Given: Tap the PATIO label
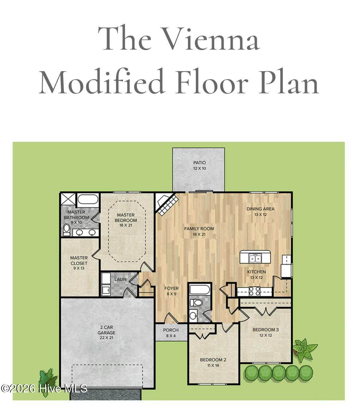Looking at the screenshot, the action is point(199,163).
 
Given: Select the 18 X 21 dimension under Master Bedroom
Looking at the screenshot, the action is point(126,225).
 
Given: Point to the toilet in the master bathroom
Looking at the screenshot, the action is point(66,230).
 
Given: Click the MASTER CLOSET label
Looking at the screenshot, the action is point(79,260).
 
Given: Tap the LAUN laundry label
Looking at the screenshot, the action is point(121,279).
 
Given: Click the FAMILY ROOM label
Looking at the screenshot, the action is point(199,229).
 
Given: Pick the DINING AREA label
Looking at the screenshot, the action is point(260,209).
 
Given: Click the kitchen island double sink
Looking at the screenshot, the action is point(255,258).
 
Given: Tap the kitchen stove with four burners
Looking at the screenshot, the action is point(255,291).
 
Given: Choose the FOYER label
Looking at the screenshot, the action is point(171,288).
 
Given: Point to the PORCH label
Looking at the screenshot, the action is point(171,330).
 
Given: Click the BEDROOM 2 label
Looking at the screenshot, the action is point(213,360).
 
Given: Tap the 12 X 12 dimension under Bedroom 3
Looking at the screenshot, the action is point(265,335).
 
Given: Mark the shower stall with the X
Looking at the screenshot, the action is point(68,199).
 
